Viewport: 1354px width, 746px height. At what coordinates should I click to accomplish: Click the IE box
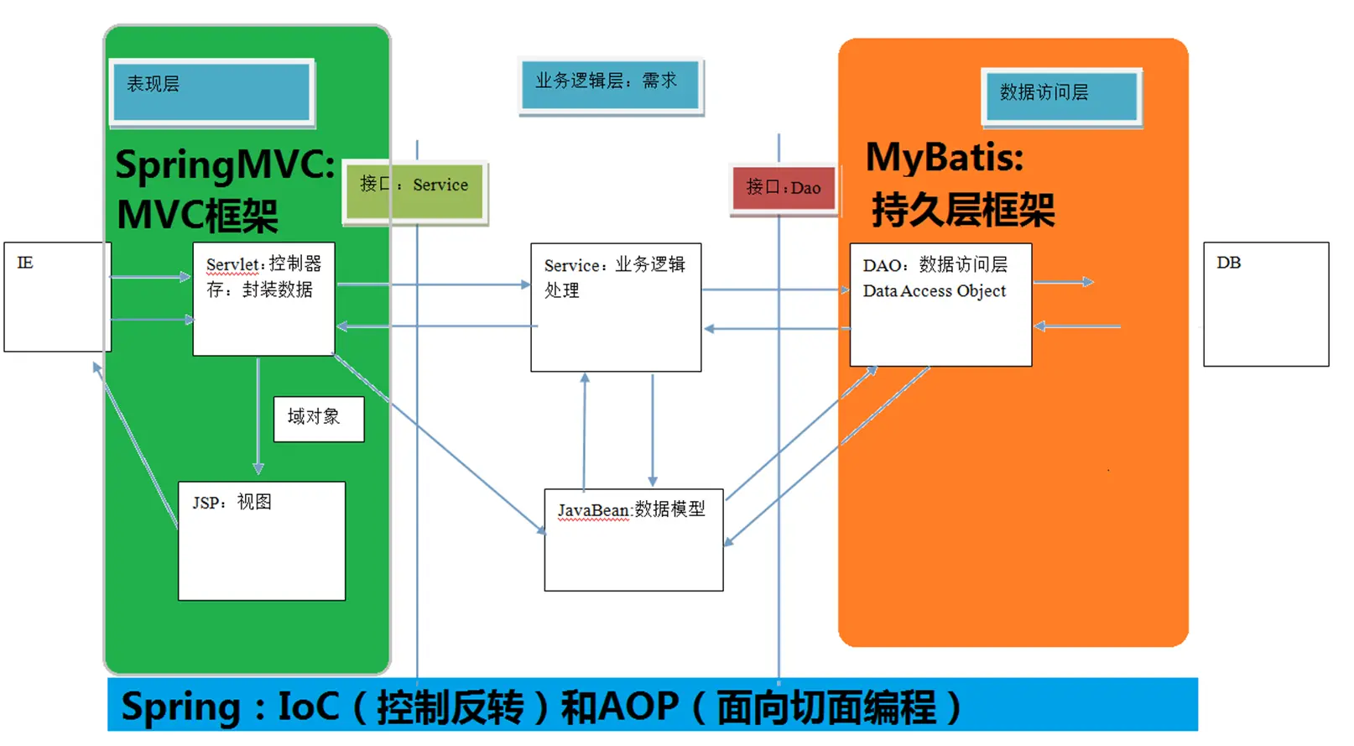pyautogui.click(x=57, y=296)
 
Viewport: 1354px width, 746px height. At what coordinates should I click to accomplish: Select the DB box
pyautogui.click(x=1265, y=304)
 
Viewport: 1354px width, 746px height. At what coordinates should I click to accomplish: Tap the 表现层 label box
pyautogui.click(x=211, y=91)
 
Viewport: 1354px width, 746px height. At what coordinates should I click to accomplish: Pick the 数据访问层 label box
pyautogui.click(x=1060, y=97)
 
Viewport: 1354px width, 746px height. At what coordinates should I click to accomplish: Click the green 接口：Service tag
pyautogui.click(x=415, y=191)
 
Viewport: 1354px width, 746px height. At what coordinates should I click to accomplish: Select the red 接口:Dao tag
pyautogui.click(x=784, y=188)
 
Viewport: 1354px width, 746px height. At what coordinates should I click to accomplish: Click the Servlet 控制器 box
pyautogui.click(x=263, y=299)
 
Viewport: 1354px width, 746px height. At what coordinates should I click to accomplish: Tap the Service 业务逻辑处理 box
pyautogui.click(x=616, y=307)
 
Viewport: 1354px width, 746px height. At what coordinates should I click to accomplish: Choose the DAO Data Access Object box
pyautogui.click(x=940, y=304)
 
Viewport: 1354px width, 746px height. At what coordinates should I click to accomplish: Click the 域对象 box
pyautogui.click(x=319, y=419)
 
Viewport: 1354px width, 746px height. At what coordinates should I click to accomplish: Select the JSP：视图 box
pyautogui.click(x=262, y=540)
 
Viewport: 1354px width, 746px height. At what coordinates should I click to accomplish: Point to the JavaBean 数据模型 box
pyautogui.click(x=633, y=540)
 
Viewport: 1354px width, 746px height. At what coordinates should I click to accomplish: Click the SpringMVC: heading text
pyautogui.click(x=225, y=164)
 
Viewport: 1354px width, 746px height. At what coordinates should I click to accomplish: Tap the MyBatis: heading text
pyautogui.click(x=945, y=158)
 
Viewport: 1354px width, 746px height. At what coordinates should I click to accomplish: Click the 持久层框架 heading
pyautogui.click(x=963, y=210)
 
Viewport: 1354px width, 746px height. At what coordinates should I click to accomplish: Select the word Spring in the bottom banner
pyautogui.click(x=181, y=707)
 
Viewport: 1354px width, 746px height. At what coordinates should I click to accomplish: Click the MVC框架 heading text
pyautogui.click(x=198, y=216)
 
